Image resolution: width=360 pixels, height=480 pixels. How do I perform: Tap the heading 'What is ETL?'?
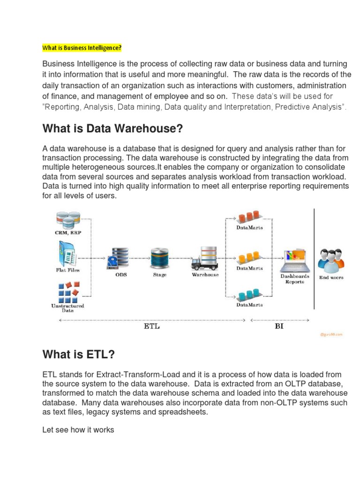point(78,355)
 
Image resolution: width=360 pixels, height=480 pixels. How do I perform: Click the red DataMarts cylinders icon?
point(249,217)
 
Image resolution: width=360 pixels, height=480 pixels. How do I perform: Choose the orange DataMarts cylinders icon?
point(249,258)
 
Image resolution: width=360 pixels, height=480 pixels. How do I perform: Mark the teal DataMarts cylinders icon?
point(249,294)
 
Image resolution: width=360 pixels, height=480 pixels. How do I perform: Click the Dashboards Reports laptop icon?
point(295,261)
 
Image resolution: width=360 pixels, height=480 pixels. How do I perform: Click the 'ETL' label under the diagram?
point(151,326)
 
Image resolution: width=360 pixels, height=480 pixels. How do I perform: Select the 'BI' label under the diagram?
point(279,326)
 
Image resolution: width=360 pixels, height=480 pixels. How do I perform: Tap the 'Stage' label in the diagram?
point(160,275)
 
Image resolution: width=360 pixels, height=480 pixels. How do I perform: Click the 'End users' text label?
point(331,277)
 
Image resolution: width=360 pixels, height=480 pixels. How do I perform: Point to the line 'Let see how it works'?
point(78,429)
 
